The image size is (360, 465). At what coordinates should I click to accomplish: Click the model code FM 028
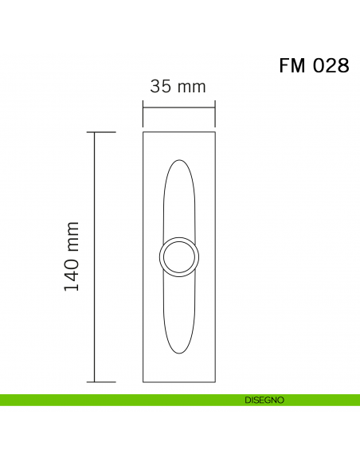coord(314,66)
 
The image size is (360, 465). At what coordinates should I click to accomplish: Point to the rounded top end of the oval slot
coord(179,162)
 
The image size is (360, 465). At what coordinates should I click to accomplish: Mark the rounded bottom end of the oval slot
coord(179,351)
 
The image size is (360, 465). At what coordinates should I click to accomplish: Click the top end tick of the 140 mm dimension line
coord(96,132)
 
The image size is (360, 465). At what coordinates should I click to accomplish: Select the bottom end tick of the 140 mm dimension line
coord(96,381)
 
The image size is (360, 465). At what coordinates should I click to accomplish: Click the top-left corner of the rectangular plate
coord(143,132)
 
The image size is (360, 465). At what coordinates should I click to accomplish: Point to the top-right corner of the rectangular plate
coord(215,132)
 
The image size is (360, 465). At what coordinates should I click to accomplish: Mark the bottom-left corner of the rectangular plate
coord(143,381)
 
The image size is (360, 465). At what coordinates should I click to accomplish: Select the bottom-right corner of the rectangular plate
coord(215,381)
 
